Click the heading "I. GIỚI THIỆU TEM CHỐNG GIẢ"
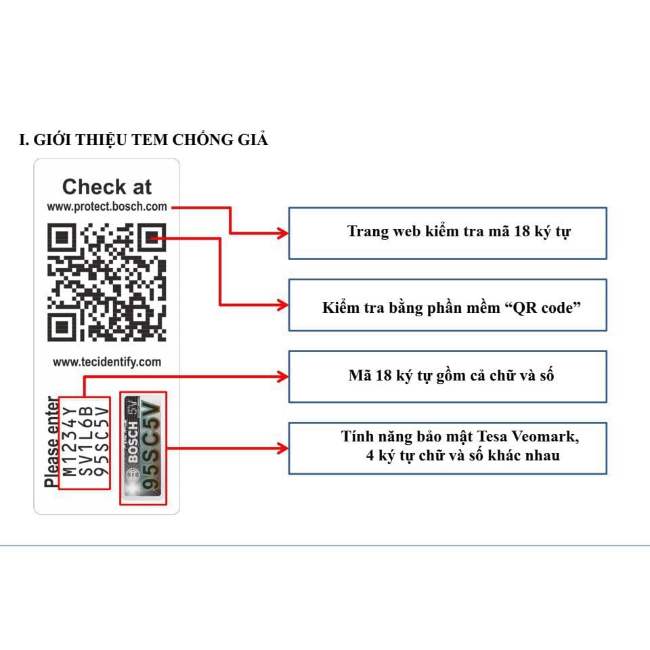click(x=144, y=140)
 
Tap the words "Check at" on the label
click(x=107, y=187)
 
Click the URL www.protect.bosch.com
click(x=107, y=207)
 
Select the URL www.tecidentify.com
click(x=107, y=362)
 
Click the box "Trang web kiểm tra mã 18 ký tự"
click(x=448, y=233)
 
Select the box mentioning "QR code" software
click(x=448, y=305)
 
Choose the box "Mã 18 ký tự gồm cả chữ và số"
click(x=448, y=376)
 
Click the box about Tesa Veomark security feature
click(x=448, y=448)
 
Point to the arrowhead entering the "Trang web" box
click(x=283, y=233)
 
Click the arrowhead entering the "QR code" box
click(x=283, y=305)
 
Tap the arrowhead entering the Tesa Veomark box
click(x=283, y=448)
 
